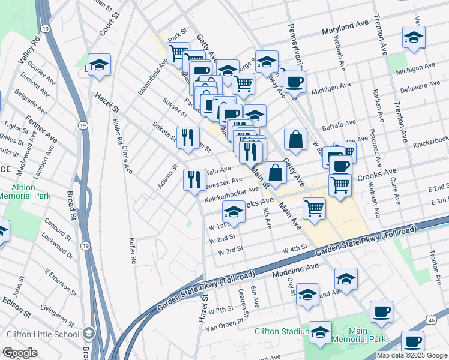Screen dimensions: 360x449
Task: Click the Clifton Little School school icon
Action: [x=89, y=334]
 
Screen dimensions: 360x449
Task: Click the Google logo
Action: [x=19, y=352]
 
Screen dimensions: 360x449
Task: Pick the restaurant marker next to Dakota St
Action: [x=188, y=137]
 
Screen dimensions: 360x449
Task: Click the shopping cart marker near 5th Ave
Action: [x=314, y=209]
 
